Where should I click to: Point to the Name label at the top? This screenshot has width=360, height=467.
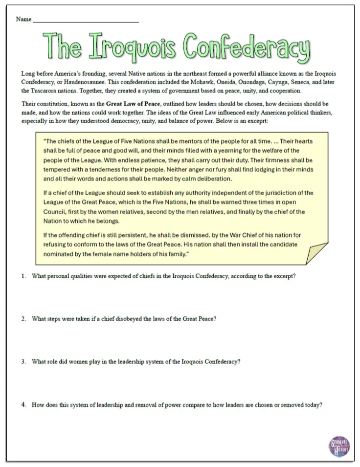[23, 20]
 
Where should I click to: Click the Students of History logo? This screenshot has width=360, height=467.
[339, 445]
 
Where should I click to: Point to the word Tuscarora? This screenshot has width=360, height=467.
[45, 91]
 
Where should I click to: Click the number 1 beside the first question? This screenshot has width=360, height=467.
[23, 276]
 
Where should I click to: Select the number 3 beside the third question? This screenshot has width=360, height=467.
[23, 362]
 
